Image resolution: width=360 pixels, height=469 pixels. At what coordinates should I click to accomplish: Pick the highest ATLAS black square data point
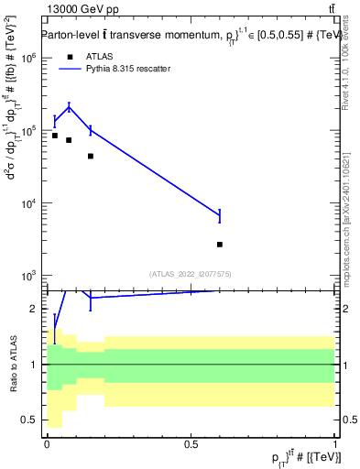tap(55, 136)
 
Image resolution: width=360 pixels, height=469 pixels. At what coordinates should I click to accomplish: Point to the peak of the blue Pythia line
tap(69, 106)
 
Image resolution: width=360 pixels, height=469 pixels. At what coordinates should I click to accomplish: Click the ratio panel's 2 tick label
tap(33, 309)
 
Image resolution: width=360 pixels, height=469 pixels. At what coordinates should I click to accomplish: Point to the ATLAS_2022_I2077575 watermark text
tap(191, 273)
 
